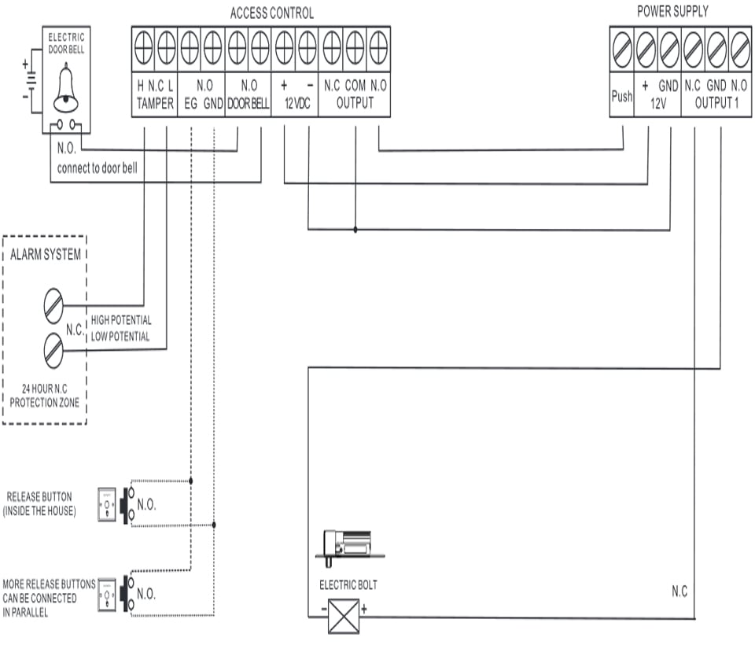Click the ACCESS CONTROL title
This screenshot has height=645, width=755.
(271, 13)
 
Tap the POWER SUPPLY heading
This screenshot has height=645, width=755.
(672, 12)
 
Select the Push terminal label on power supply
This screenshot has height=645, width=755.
(621, 96)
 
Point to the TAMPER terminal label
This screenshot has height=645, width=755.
(154, 104)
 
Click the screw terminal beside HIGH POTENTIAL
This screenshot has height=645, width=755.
(53, 304)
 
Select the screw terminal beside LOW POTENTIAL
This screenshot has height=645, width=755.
(53, 350)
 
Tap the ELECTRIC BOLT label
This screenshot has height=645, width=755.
(348, 585)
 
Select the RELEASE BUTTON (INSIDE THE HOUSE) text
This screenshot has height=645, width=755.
(39, 504)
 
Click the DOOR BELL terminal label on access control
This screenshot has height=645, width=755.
(248, 104)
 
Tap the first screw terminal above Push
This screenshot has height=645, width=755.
(621, 52)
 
